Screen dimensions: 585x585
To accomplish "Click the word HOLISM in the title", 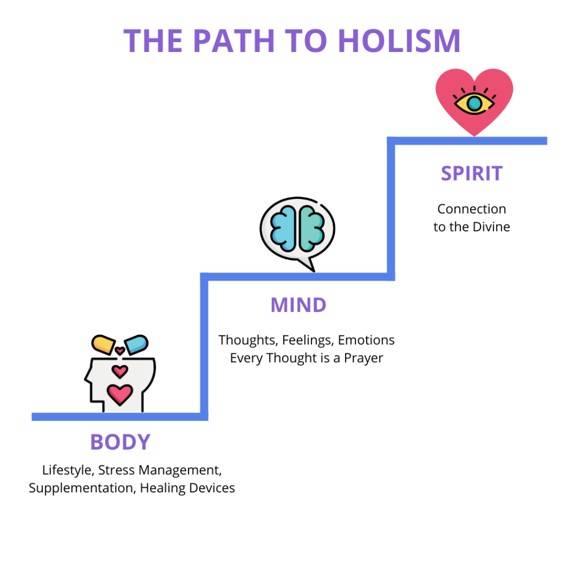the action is click(x=399, y=41).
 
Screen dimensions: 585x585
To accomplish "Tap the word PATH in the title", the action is click(x=234, y=41).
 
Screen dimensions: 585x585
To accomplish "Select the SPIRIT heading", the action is click(x=471, y=174).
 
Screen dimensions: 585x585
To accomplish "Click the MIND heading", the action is click(x=298, y=305).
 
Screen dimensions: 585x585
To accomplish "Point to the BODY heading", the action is click(x=120, y=442).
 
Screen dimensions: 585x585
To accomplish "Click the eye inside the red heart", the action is click(x=474, y=102).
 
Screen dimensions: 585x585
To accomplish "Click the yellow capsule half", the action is click(x=103, y=344).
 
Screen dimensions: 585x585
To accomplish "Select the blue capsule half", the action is click(x=136, y=344).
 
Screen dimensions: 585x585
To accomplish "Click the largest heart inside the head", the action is click(x=120, y=394).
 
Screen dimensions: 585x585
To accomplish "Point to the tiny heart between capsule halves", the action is click(x=120, y=351).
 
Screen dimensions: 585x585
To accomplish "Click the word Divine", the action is click(x=491, y=227).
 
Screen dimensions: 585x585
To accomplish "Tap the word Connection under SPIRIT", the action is click(x=471, y=209).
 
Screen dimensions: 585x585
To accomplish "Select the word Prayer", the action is click(x=363, y=358).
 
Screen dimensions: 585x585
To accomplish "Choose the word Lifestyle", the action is click(x=67, y=470).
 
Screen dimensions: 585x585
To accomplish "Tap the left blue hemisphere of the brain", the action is click(x=283, y=229).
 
